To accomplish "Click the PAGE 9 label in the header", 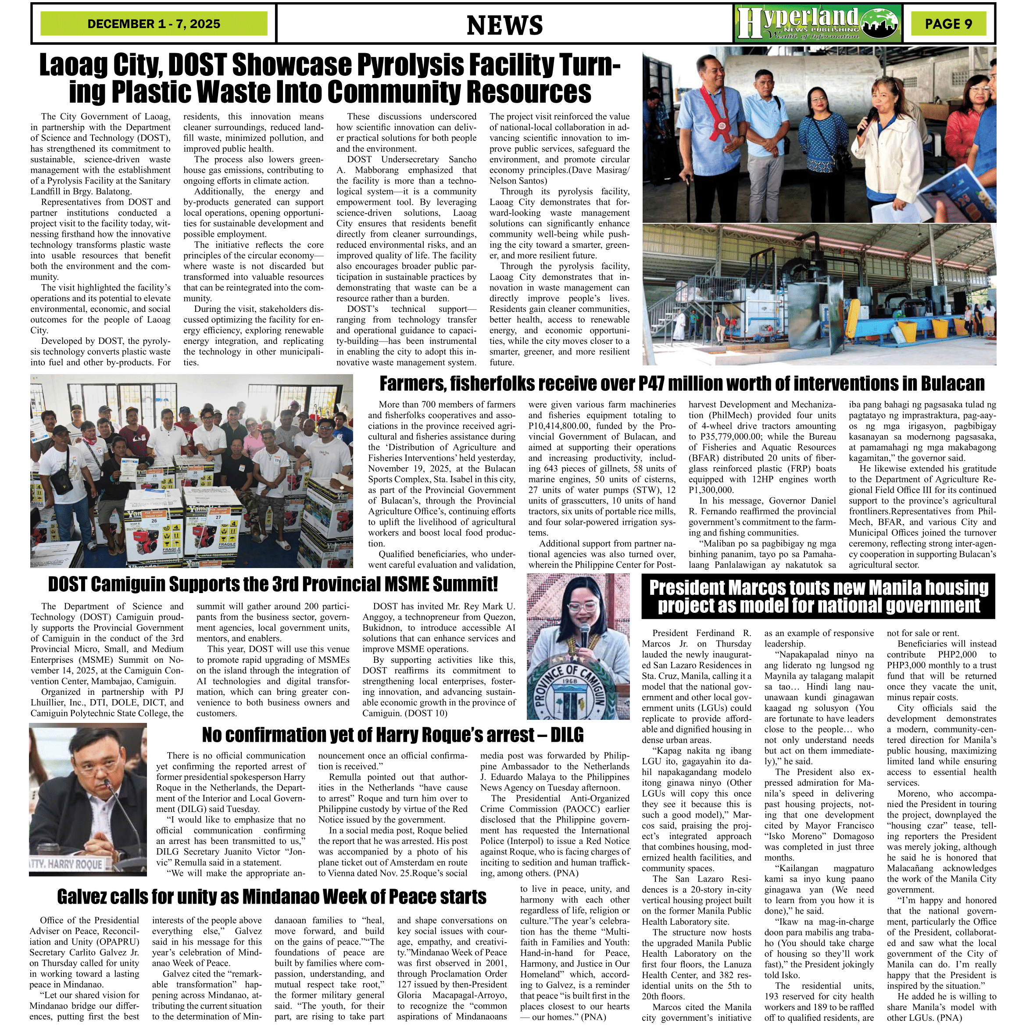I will point(948,24).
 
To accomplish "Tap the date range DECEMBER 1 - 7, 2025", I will point(154,24).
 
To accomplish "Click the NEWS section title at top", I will point(504,25).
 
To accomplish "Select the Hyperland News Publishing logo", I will point(818,23).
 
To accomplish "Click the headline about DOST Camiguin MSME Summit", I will point(273,584).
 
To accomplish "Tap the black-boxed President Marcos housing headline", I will point(819,597).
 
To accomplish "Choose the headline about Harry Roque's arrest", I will point(393,735).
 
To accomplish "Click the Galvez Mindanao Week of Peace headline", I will point(272,897).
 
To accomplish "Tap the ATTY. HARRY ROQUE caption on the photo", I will point(66,864).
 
